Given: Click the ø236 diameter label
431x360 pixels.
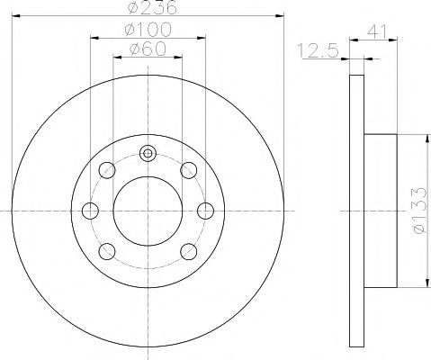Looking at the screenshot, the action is point(152,7).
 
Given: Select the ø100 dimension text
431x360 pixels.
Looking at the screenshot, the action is point(148,30).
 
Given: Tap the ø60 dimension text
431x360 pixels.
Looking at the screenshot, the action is point(148,49).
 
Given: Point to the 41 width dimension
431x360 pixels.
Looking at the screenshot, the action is point(377,31).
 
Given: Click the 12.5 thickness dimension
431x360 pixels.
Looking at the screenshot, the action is point(318,50).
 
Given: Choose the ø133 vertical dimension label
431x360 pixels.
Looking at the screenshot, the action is point(419,211).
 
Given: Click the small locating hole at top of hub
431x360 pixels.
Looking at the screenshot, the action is point(148,154).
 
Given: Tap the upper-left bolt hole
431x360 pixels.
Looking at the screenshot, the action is point(107,170).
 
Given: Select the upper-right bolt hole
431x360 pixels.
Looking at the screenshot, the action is point(189,170).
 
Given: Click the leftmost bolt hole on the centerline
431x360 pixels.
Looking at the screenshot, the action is point(90,211).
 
